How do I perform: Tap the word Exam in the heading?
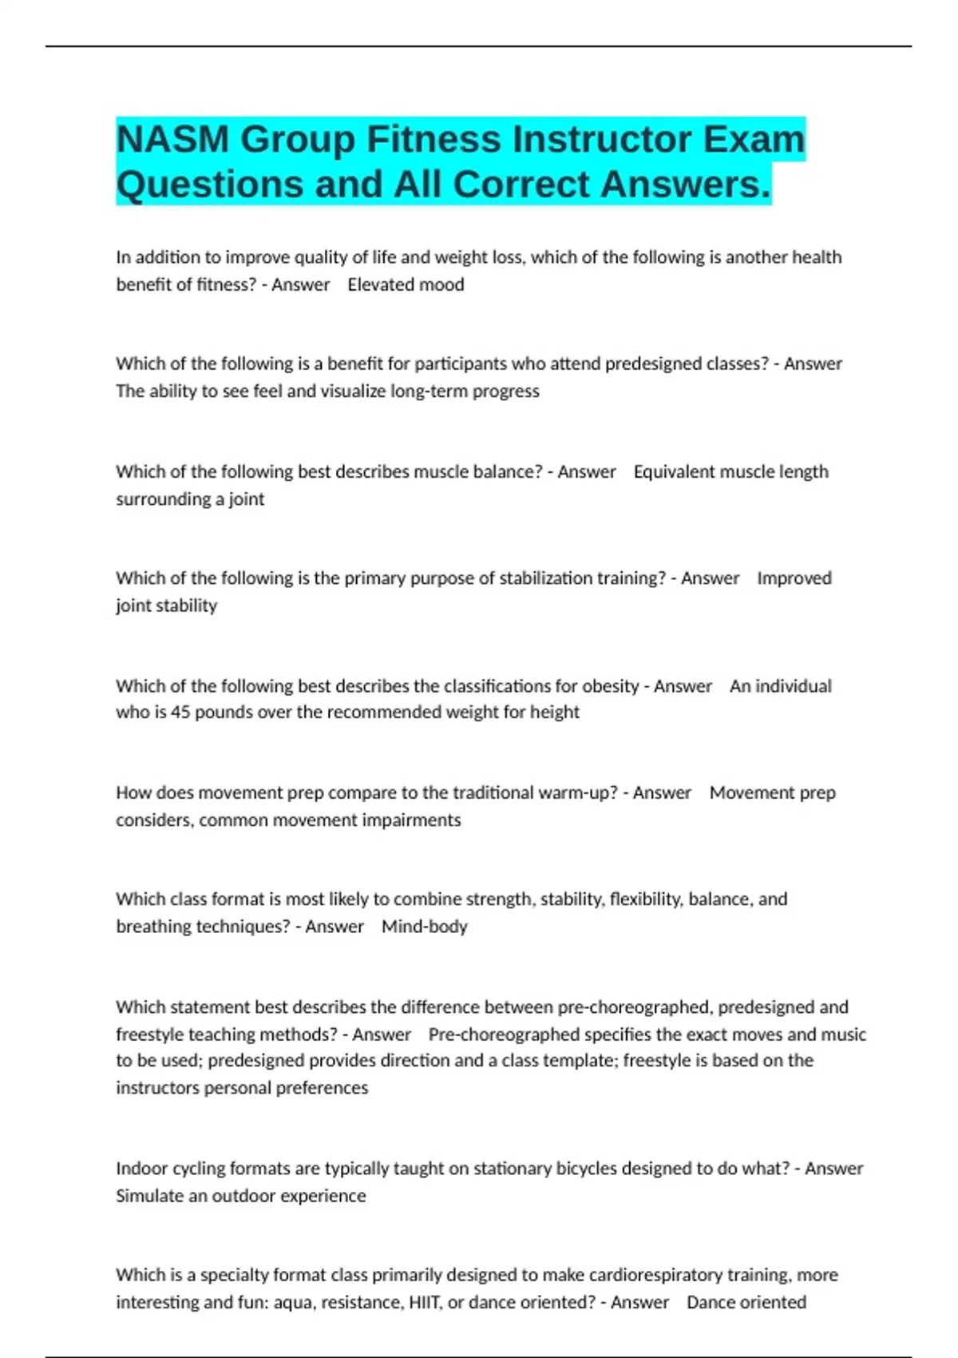pyautogui.click(x=754, y=140)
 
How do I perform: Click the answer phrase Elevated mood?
pyautogui.click(x=406, y=284)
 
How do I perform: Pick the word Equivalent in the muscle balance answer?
pyautogui.click(x=674, y=471)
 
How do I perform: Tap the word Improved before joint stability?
pyautogui.click(x=794, y=578)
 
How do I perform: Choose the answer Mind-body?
pyautogui.click(x=424, y=927)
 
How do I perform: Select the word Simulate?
pyautogui.click(x=149, y=1196)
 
